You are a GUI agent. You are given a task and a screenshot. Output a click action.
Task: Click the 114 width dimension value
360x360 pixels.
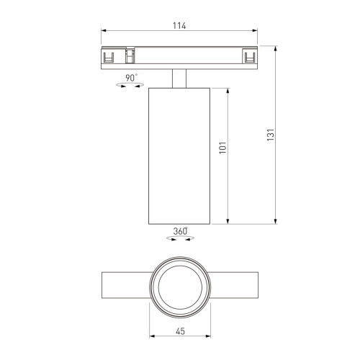point(179,26)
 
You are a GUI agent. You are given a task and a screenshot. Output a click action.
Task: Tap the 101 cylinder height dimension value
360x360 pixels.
point(222,148)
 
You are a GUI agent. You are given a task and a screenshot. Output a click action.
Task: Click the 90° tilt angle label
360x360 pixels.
point(131,77)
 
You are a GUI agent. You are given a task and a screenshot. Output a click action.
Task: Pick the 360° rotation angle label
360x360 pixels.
point(180,231)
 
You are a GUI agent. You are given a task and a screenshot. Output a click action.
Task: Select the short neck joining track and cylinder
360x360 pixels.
point(179,78)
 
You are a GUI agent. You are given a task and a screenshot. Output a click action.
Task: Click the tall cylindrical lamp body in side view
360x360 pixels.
point(179,155)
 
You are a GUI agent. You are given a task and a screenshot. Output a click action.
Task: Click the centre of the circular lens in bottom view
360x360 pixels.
point(179,285)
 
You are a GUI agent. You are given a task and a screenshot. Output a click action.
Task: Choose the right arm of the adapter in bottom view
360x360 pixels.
point(233,285)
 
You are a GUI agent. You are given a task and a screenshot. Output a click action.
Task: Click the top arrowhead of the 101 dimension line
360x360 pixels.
point(229,89)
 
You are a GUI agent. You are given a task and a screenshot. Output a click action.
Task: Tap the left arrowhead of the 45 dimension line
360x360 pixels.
point(152,337)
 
